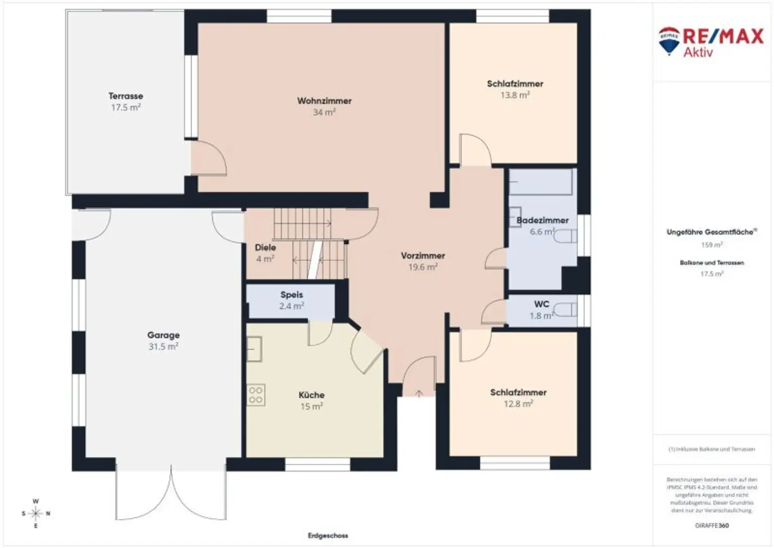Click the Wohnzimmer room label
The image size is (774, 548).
[x=324, y=101]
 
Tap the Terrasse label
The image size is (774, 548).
[x=125, y=96]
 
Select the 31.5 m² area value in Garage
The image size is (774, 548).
[x=163, y=347]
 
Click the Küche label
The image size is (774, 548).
[x=311, y=395]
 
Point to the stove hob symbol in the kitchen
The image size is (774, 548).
[x=255, y=395]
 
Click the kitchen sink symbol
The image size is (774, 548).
[x=254, y=349]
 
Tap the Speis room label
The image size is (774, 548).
[x=292, y=294]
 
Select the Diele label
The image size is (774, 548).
[x=265, y=248]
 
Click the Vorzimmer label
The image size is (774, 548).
[x=423, y=256]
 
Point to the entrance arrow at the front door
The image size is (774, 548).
[x=419, y=393]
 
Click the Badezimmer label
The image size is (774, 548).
[x=543, y=220]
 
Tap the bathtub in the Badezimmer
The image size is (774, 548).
[x=541, y=182]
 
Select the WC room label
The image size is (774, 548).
[x=542, y=304]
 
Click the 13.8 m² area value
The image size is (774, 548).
[x=514, y=95]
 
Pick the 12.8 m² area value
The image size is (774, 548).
[x=518, y=404]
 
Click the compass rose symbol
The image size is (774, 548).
[x=36, y=514]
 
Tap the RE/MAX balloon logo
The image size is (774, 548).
[x=669, y=41]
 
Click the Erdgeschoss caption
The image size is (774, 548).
[x=328, y=535]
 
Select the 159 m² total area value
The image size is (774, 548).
[x=712, y=245]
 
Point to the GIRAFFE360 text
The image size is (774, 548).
[x=712, y=525]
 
